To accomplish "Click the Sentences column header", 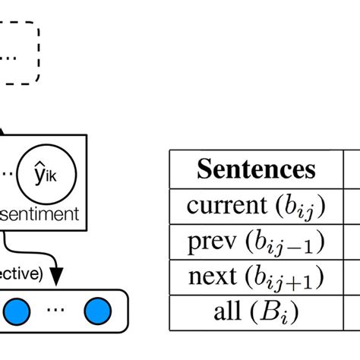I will tap(256, 169).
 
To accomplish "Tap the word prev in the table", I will tap(212, 242).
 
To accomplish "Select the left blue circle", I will tap(16, 311).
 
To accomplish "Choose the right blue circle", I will tap(96, 311).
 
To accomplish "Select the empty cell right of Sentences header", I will tap(353, 169).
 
